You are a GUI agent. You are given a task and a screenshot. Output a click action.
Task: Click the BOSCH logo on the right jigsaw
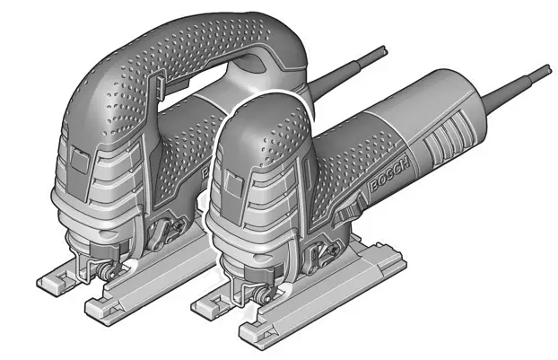(388, 174)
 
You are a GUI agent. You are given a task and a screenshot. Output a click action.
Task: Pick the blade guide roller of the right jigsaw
(263, 294)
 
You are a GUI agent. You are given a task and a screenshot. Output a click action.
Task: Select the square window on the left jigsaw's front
(79, 159)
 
